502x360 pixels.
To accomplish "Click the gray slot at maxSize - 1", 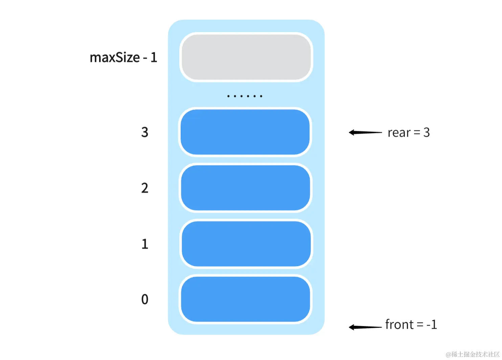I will coord(246,57).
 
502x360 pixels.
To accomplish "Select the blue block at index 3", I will coord(245,132).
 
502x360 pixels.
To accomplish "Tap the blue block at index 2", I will coord(246,188).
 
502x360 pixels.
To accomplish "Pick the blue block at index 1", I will coord(246,244).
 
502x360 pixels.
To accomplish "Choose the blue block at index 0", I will coord(246,299).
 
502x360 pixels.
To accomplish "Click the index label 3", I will coord(145,132).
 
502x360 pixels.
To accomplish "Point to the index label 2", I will coord(145,188).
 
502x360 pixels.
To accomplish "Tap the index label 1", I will coord(145,244).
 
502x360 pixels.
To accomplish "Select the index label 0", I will coord(145,299).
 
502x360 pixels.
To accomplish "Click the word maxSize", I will coord(115,58).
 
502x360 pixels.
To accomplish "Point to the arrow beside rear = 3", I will coord(365,132).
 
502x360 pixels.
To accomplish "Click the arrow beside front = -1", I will coord(365,327).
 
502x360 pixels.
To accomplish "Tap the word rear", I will coord(399,133).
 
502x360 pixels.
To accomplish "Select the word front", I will coord(399,324).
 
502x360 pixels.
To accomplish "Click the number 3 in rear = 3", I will coord(427,132).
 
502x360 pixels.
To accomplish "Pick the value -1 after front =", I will coord(432,325).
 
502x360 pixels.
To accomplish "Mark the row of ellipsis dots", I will coord(245,96).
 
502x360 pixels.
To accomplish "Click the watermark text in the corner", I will coord(473,354).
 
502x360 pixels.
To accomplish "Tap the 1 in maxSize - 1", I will coord(154,58).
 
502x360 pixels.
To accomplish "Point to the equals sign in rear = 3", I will coord(417,133).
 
